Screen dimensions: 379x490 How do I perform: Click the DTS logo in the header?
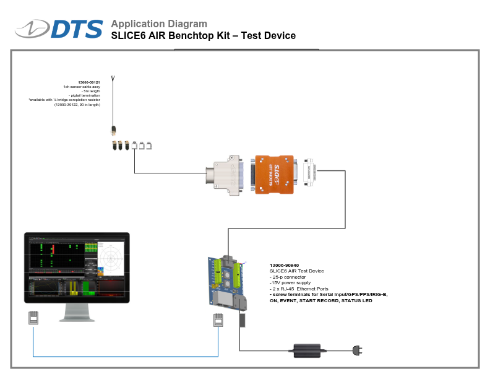click(x=60, y=29)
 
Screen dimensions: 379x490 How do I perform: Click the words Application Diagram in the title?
click(x=159, y=24)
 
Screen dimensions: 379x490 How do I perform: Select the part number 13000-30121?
click(x=89, y=82)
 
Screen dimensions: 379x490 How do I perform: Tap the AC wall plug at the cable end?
click(x=357, y=351)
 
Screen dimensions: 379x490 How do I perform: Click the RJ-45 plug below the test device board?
click(x=217, y=320)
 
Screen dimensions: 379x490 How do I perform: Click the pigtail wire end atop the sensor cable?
click(x=113, y=79)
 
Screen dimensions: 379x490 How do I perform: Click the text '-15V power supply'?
click(x=290, y=282)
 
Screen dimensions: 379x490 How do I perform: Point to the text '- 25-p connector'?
click(x=290, y=277)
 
